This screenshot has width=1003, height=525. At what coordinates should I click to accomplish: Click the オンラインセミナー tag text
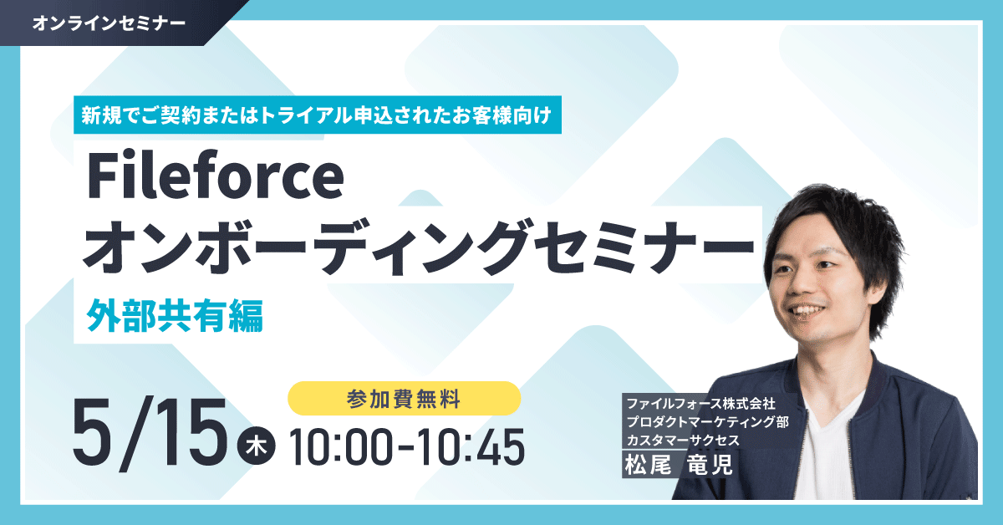109,23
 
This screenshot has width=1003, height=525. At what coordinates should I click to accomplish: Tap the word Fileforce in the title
216,176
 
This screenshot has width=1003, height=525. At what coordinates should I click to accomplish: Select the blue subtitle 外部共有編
175,316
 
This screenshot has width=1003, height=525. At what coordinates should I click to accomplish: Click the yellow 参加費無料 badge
404,399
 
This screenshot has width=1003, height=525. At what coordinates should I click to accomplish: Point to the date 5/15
150,434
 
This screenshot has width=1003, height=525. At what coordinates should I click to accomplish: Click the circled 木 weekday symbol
257,446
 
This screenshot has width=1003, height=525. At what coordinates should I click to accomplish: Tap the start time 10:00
341,447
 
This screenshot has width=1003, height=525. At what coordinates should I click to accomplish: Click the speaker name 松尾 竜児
679,465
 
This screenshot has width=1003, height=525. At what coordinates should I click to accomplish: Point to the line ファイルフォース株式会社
700,404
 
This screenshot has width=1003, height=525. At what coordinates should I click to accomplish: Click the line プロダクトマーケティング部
707,422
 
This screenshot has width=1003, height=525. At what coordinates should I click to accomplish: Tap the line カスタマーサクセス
683,441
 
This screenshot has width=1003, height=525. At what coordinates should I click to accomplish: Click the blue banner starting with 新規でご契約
318,115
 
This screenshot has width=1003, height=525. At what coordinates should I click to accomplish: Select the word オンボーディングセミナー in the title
419,247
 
